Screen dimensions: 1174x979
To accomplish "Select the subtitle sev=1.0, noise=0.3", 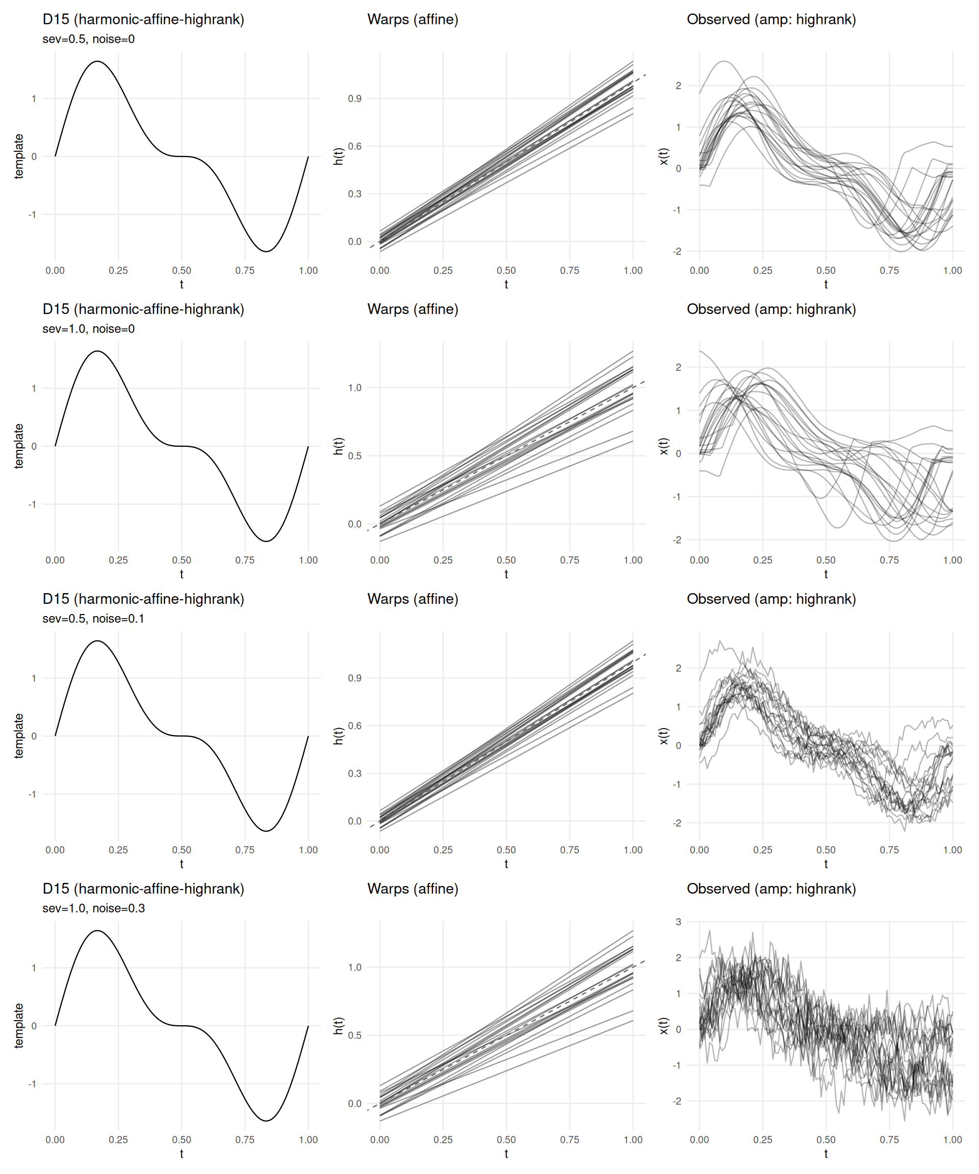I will click(x=93, y=908).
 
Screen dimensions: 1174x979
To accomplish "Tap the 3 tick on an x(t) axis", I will click(x=678, y=922).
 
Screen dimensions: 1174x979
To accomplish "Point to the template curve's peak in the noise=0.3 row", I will click(x=97, y=931).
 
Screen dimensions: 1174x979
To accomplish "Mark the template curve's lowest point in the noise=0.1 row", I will click(x=266, y=831).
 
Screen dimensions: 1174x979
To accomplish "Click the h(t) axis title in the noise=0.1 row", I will click(x=338, y=736).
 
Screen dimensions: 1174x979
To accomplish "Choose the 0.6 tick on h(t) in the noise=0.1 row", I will click(x=355, y=726).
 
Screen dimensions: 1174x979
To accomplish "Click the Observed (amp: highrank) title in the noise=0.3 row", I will click(x=771, y=889).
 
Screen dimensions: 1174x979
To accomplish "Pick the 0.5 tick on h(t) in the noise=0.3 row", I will click(x=355, y=1035).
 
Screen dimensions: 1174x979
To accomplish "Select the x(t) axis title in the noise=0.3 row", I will click(x=663, y=1026).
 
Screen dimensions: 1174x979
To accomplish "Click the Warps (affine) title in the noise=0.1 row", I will click(x=413, y=599).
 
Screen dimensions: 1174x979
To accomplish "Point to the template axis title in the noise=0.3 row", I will click(x=19, y=1025).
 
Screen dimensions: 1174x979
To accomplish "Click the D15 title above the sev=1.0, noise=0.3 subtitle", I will click(x=143, y=889).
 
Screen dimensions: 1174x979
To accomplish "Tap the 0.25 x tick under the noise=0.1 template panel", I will click(x=118, y=850).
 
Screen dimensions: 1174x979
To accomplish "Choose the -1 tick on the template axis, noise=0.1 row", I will click(x=33, y=794).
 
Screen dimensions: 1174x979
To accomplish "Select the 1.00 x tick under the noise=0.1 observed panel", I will click(x=952, y=850).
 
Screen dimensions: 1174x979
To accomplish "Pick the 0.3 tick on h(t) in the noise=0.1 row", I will click(x=355, y=773).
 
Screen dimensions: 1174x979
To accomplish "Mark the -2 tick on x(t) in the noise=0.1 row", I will click(x=677, y=823).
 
